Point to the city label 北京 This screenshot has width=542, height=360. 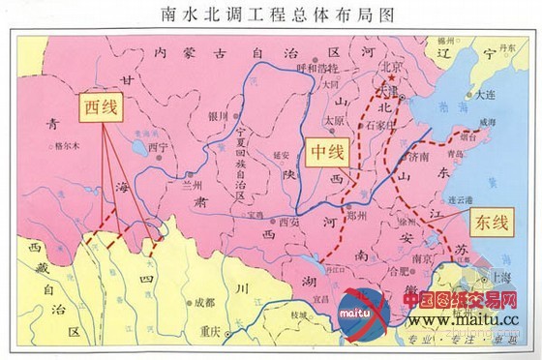[390, 67]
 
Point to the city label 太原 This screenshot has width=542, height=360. [334, 121]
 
